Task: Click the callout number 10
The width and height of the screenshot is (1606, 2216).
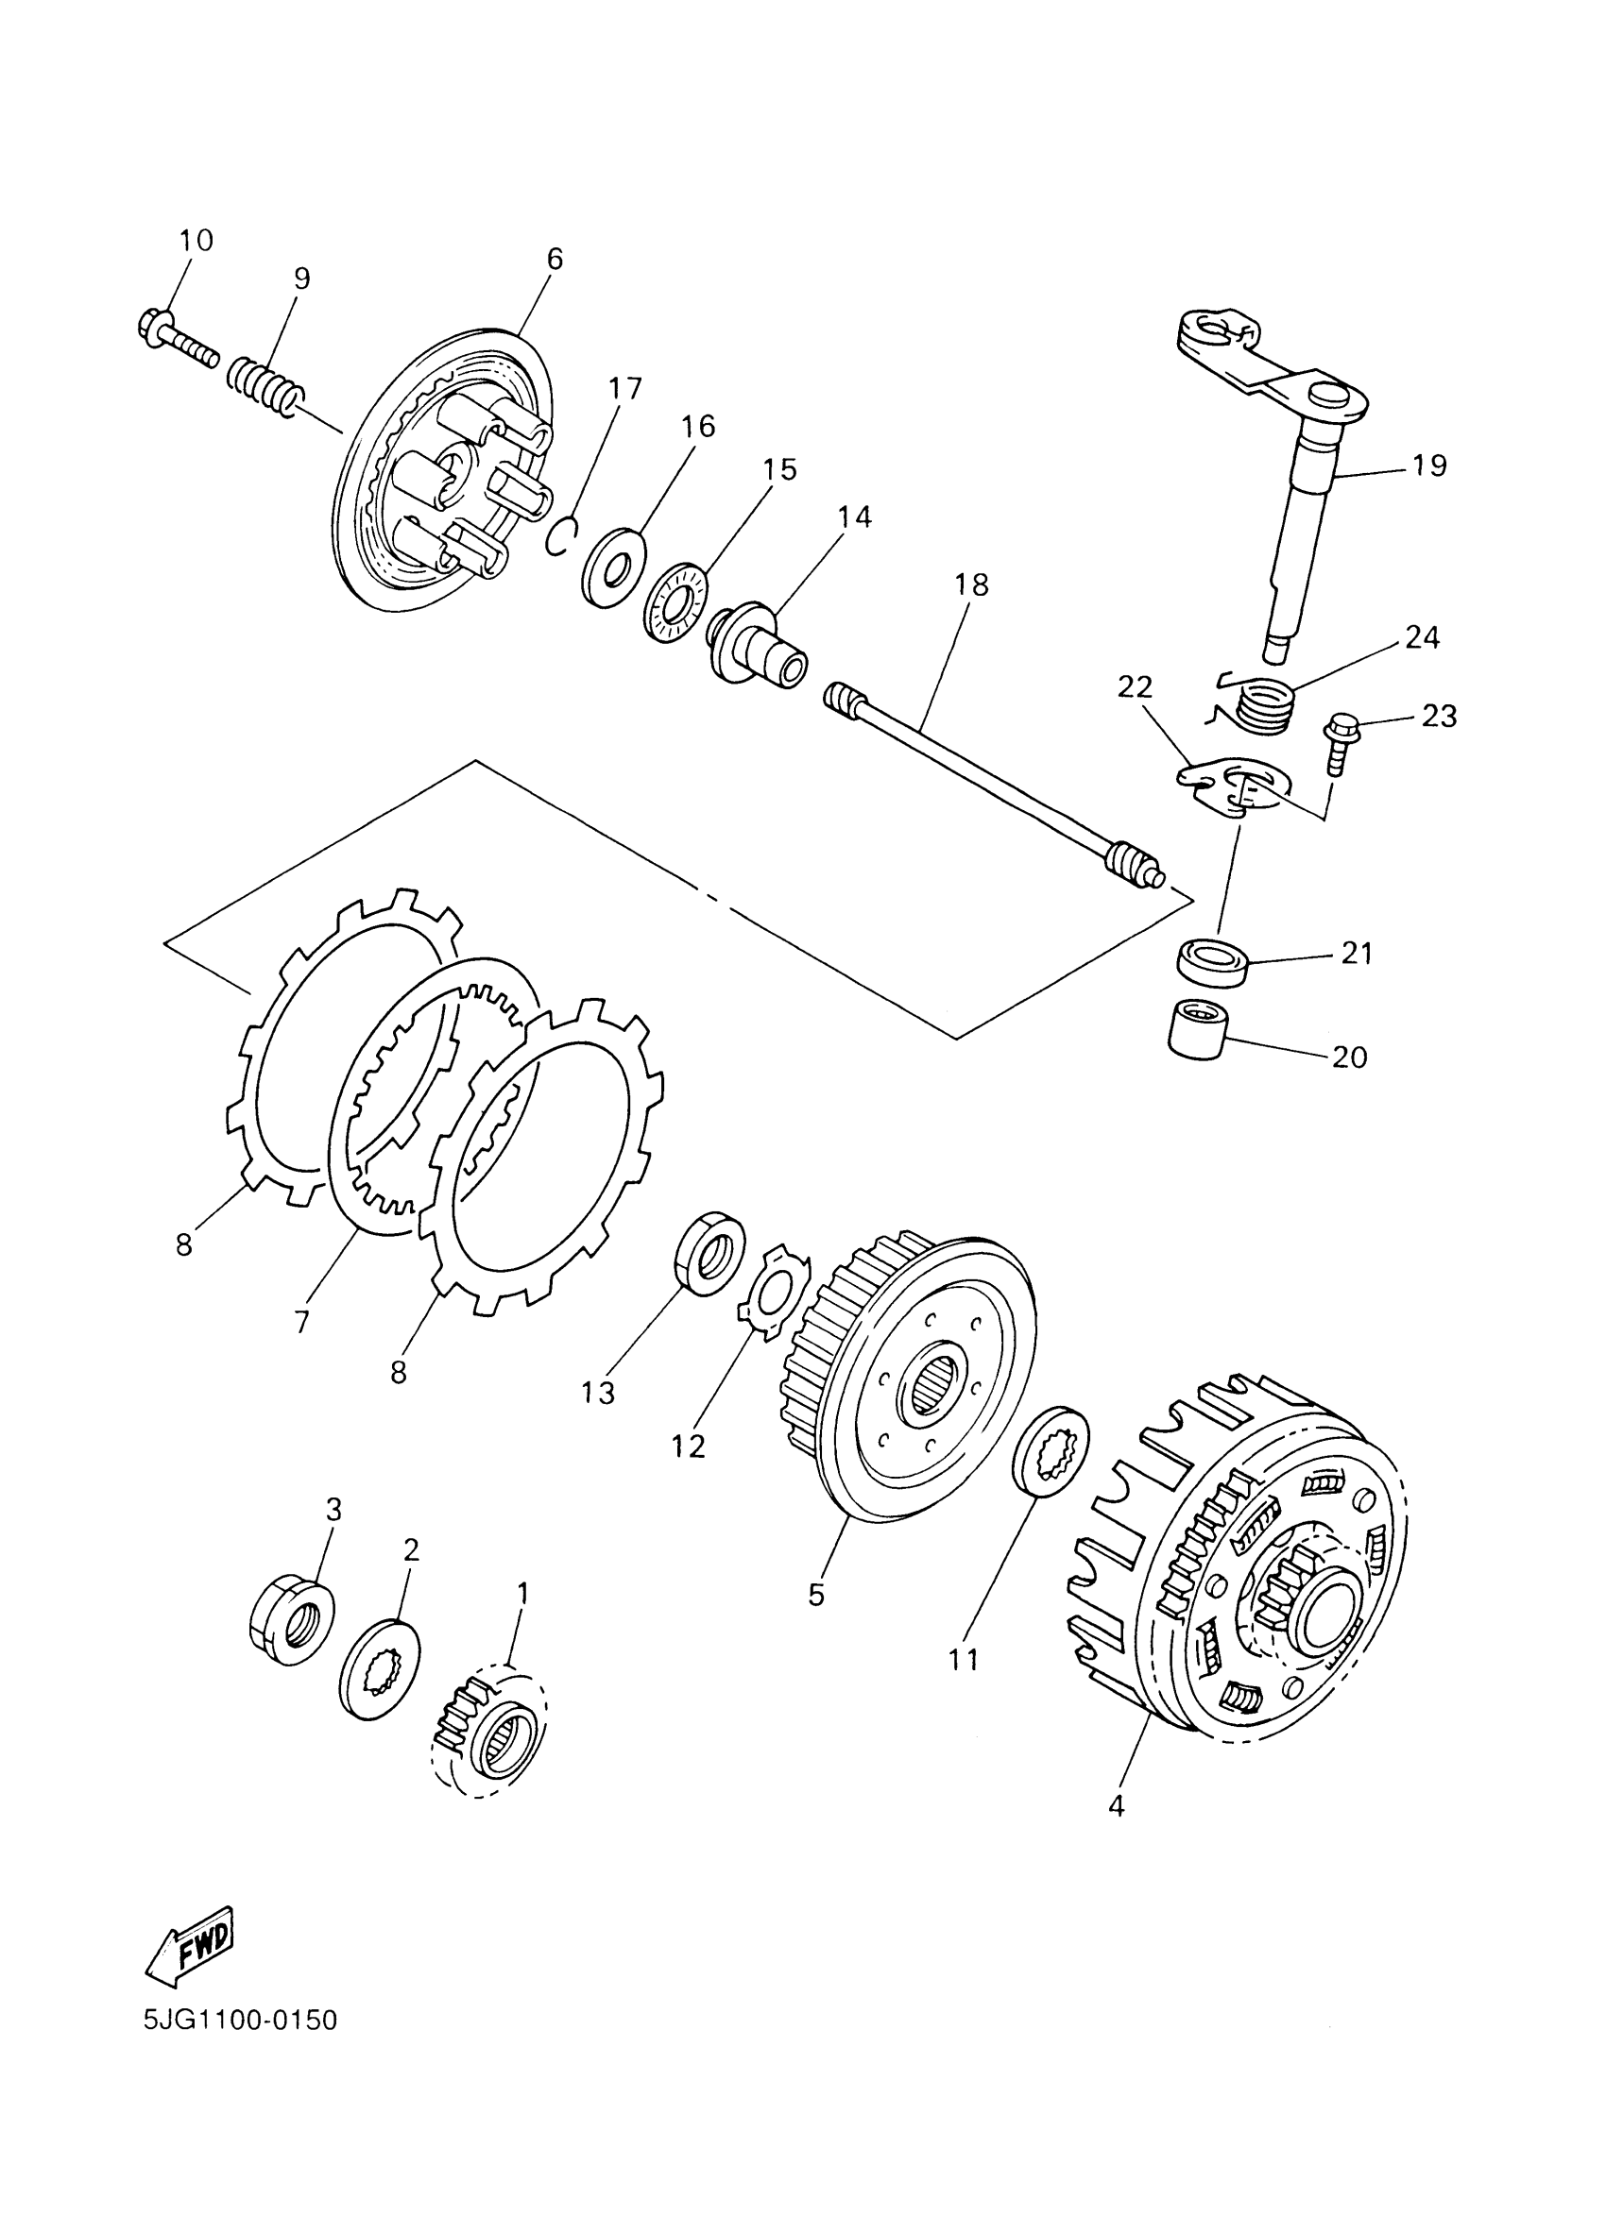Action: click(x=196, y=241)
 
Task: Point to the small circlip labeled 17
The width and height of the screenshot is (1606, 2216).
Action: click(x=562, y=536)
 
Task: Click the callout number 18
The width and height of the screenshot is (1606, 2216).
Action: click(x=971, y=584)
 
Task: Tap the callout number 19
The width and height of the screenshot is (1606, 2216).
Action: click(x=1429, y=465)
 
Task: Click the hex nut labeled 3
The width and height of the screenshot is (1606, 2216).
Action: click(x=291, y=1606)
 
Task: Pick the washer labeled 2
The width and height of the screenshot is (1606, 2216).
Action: click(x=379, y=1668)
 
